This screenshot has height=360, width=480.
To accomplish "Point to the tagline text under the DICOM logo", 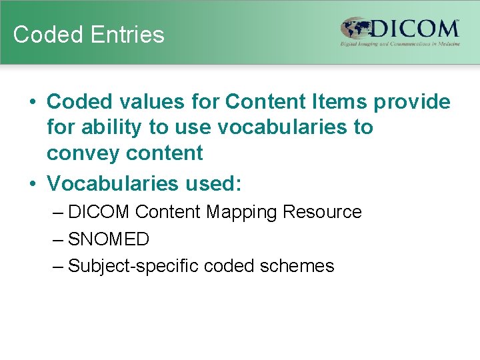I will tap(400, 44).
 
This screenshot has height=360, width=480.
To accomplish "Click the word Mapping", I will tap(242, 212).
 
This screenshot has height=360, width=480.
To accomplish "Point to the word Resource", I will tap(322, 212).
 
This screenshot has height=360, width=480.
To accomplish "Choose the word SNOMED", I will tap(109, 239).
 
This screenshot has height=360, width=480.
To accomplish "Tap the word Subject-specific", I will tap(133, 266).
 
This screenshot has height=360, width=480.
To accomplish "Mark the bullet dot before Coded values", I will tap(32, 103).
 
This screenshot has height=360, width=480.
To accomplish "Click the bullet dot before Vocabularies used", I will tap(32, 183).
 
